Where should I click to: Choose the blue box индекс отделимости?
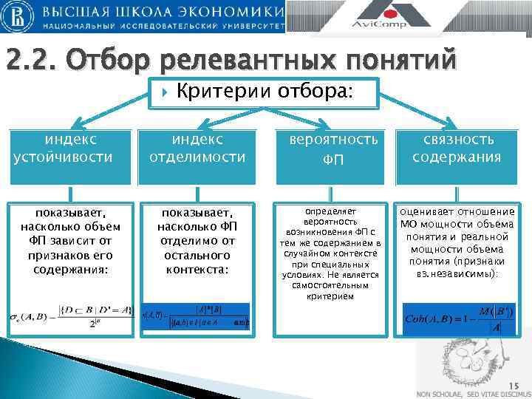pos(197,148)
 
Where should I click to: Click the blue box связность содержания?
pos(456,148)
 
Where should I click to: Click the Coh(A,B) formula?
pos(457,318)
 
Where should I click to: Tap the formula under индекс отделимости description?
pos(197,316)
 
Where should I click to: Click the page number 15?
pos(514,384)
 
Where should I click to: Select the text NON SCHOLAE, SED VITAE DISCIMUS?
pos(468,393)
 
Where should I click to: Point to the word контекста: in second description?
pos(197,270)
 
